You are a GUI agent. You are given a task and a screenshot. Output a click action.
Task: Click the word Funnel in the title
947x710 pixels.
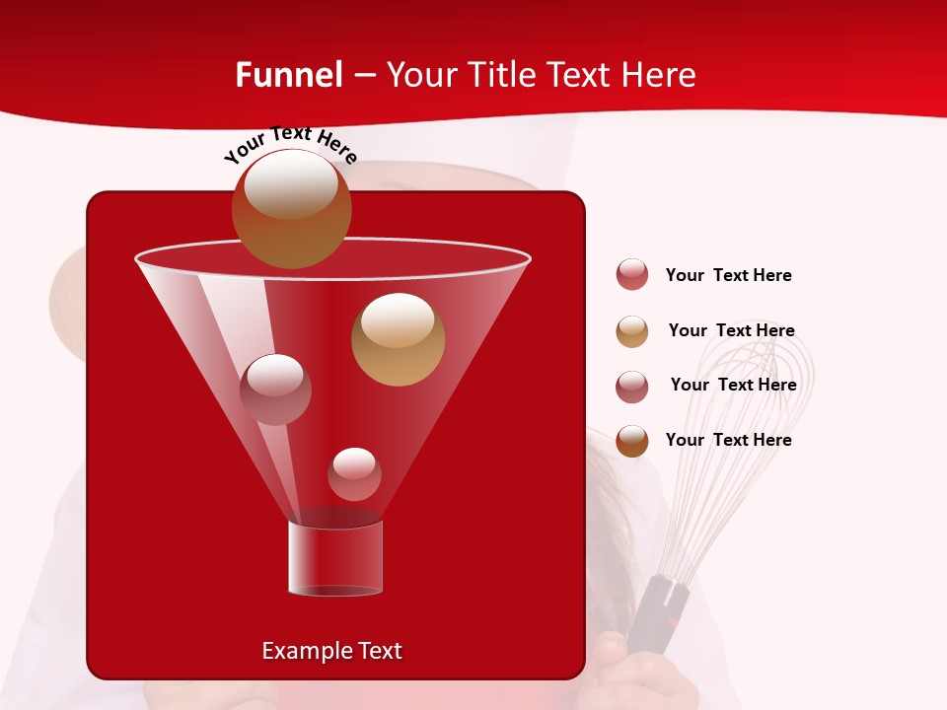pos(288,75)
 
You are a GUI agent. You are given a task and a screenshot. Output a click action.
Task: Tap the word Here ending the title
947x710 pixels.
pos(660,75)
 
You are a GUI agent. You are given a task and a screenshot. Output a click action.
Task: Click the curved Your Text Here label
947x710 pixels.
pos(290,144)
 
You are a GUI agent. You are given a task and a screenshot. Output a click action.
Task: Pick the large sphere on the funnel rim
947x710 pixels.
pos(291,208)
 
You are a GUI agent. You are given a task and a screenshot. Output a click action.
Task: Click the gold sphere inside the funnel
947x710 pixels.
pos(398,339)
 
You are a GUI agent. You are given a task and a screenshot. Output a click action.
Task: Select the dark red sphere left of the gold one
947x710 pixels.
pos(275,389)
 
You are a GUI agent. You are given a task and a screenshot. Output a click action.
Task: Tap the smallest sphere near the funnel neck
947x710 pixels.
pos(354,474)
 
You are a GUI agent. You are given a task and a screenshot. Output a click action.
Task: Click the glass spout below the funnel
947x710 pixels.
pos(335,557)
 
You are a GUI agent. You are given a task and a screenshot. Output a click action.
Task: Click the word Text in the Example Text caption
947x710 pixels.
pos(379,651)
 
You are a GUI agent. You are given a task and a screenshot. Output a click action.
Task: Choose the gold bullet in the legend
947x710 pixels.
pos(632,331)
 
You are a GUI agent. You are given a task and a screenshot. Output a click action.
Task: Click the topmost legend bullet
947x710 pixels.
pos(632,275)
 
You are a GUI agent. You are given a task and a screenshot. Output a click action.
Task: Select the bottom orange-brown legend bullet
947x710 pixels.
pos(632,441)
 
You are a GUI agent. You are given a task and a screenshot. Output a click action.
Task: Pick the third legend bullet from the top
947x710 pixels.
pos(632,387)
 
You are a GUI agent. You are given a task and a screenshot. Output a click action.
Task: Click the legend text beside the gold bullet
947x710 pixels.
pos(731,330)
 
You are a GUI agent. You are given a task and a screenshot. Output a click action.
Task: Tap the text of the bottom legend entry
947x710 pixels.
pos(728,440)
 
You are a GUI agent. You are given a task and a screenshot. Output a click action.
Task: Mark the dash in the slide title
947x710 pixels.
pos(363,75)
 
